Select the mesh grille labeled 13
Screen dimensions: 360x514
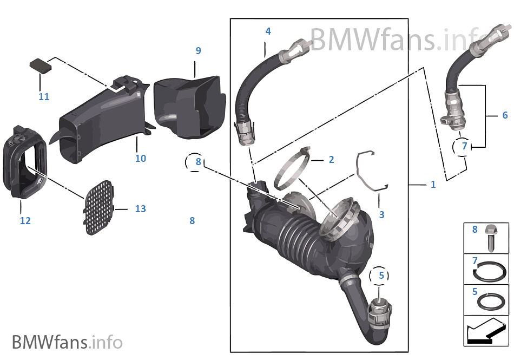[100, 208]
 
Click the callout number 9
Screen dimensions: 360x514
[198, 51]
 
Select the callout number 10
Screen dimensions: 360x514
[141, 159]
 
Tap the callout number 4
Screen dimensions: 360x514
[268, 31]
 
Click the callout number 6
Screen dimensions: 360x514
[505, 115]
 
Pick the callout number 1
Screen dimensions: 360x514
[433, 185]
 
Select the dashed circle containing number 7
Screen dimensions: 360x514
[463, 146]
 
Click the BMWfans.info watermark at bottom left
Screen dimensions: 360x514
[67, 342]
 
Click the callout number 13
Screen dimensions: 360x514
[140, 209]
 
